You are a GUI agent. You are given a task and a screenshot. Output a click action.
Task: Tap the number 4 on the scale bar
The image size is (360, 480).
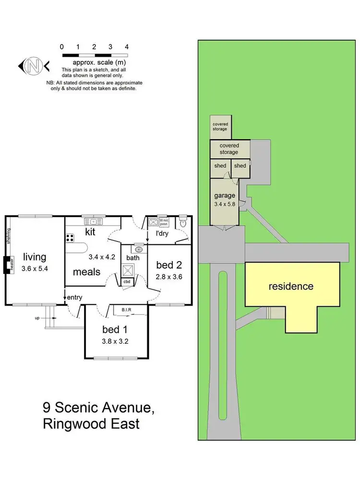click(x=126, y=47)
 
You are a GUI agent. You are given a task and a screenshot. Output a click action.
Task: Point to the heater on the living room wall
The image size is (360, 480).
click(x=8, y=264)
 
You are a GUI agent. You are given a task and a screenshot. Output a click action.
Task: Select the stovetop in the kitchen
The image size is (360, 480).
click(x=70, y=237)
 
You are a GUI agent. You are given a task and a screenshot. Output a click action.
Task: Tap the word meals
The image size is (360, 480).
click(x=87, y=272)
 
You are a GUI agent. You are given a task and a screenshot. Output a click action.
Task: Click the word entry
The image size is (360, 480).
click(x=75, y=298)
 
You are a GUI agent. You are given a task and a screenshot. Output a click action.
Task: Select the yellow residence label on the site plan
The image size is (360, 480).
click(x=290, y=287)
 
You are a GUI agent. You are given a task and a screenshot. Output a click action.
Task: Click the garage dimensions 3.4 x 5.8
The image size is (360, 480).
click(x=225, y=204)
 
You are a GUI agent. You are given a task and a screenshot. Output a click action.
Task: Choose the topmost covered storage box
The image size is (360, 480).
click(x=220, y=126)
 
